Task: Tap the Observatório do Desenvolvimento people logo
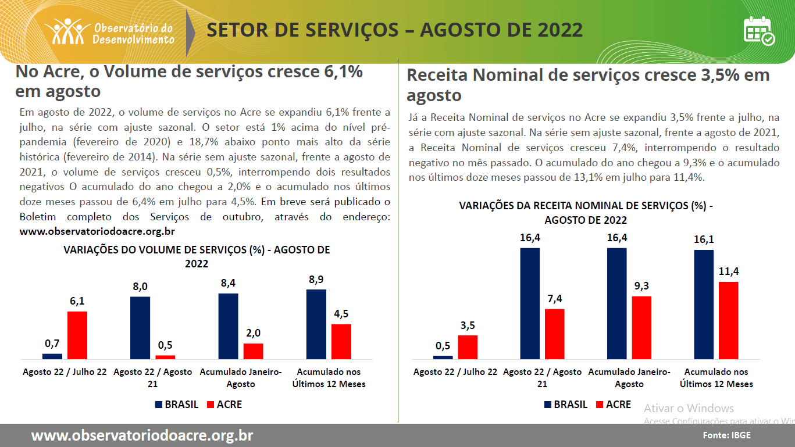67,31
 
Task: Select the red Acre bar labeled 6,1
77,335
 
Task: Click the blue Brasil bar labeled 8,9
316,324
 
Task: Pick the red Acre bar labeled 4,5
341,341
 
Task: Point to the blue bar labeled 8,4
228,326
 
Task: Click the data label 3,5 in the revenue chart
468,326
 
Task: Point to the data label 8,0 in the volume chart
140,287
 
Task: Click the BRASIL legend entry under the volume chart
177,405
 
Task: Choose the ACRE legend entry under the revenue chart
614,405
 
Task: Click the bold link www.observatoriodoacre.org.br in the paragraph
97,231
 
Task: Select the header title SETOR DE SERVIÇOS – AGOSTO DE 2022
394,30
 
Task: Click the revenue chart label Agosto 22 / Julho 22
455,372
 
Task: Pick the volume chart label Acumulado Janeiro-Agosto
241,378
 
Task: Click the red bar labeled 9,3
641,327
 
